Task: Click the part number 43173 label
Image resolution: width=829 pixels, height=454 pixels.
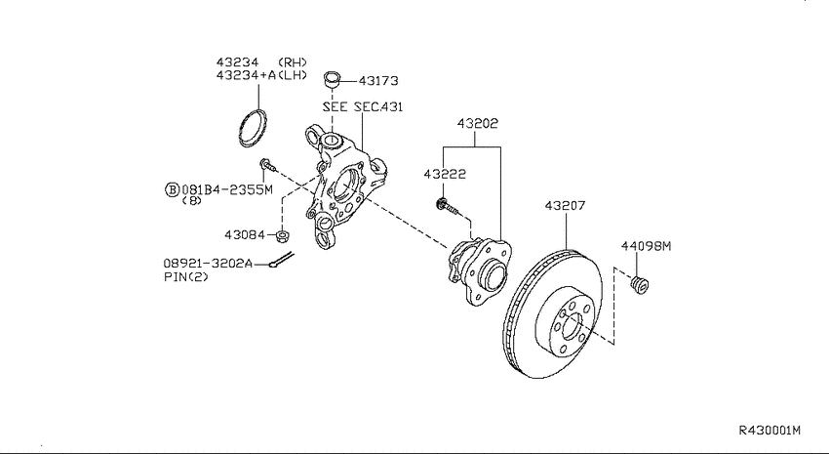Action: pos(378,81)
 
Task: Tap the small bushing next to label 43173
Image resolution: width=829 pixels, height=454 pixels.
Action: pos(332,79)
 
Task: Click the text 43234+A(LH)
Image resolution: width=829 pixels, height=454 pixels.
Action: pos(261,75)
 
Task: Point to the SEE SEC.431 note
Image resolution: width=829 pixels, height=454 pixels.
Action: pos(363,106)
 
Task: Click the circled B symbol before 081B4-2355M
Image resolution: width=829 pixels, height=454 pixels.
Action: pos(172,189)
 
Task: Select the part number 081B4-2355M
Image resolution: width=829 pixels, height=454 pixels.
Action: pos(227,189)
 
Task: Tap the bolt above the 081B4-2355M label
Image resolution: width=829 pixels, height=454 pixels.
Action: pos(267,165)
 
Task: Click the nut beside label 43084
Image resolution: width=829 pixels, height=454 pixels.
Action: pos(283,236)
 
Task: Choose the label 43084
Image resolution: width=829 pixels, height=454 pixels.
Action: pos(244,234)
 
